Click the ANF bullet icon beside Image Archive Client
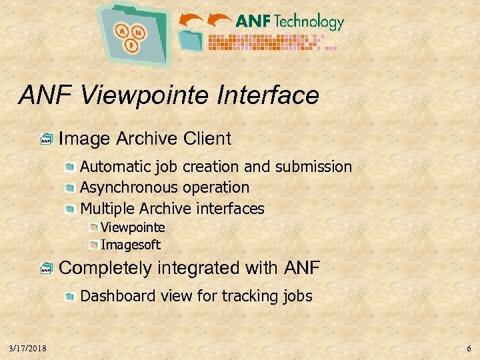pos(46,139)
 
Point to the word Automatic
pos(111,167)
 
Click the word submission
pos(313,167)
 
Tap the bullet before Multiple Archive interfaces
pos(71,209)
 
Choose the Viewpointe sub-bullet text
pos(133,227)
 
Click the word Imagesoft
pos(131,245)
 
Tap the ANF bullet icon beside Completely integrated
pos(46,269)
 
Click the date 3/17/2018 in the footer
pos(27,348)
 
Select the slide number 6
pos(469,348)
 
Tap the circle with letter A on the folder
pos(123,31)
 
